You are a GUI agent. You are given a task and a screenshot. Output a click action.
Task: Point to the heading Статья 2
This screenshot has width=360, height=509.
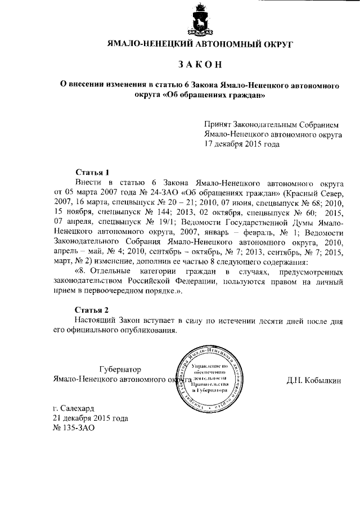[x=92, y=310]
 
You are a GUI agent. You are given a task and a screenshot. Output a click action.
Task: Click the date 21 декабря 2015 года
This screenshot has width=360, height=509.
[x=90, y=418]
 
